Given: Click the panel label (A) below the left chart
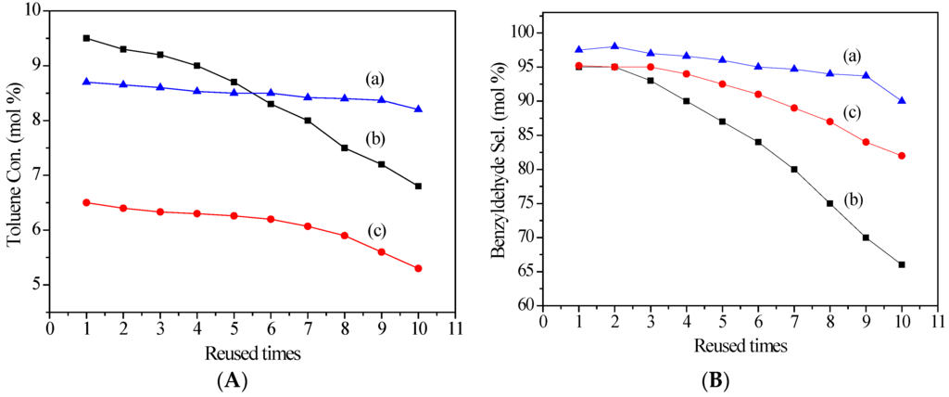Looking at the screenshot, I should [x=234, y=379].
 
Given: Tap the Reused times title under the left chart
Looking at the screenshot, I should [x=252, y=352].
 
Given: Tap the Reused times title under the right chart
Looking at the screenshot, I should [x=740, y=346].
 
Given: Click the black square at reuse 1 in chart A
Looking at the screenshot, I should [x=86, y=38].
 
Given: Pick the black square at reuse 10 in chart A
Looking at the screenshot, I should [x=418, y=186].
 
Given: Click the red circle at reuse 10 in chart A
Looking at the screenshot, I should [x=418, y=268].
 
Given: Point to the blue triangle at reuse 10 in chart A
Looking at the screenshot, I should [x=418, y=109].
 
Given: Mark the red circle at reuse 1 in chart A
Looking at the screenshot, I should [x=86, y=202].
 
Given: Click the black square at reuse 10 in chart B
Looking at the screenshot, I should [x=902, y=264].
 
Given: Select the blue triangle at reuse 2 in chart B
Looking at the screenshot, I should [x=615, y=46].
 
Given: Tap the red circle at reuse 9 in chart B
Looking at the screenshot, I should [x=866, y=142].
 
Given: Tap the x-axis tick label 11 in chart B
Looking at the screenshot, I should [x=937, y=321].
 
